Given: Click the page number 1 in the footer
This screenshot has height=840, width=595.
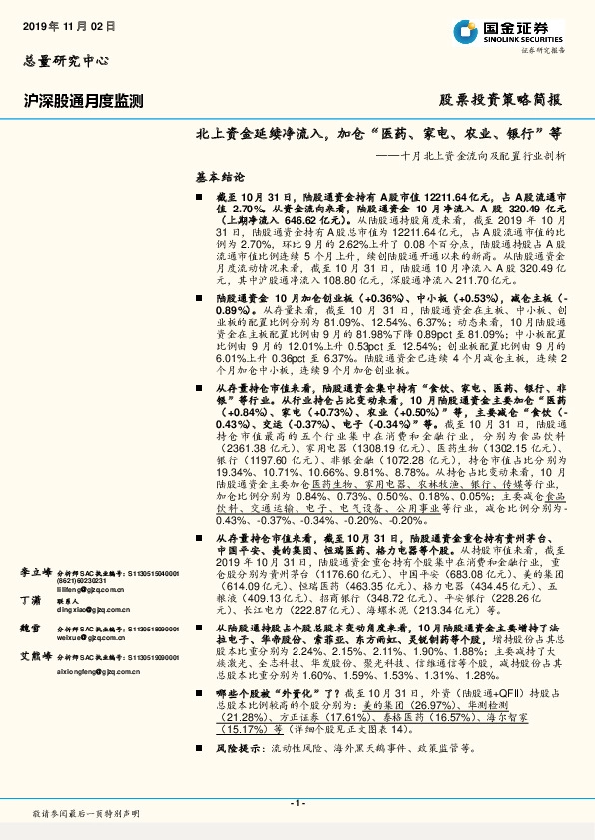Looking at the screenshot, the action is pos(297,803).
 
